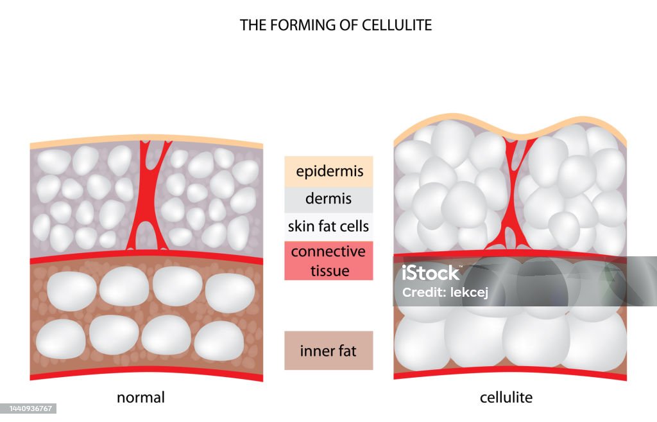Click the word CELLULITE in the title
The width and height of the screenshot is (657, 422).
[x=398, y=25]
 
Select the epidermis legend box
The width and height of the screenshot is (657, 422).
[x=329, y=171]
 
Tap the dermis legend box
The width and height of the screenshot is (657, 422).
[x=329, y=198]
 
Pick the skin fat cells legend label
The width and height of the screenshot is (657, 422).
[x=328, y=226]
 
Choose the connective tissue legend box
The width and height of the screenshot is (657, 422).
[x=328, y=261]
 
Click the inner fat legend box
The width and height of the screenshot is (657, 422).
[x=328, y=351]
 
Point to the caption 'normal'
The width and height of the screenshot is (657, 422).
[x=141, y=398]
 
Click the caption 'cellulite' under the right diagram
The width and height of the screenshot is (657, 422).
[x=506, y=398]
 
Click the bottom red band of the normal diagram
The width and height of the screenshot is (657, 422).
[x=146, y=373]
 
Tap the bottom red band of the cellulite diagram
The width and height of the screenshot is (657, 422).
[x=509, y=373]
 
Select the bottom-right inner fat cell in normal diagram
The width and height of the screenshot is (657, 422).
[x=219, y=340]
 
